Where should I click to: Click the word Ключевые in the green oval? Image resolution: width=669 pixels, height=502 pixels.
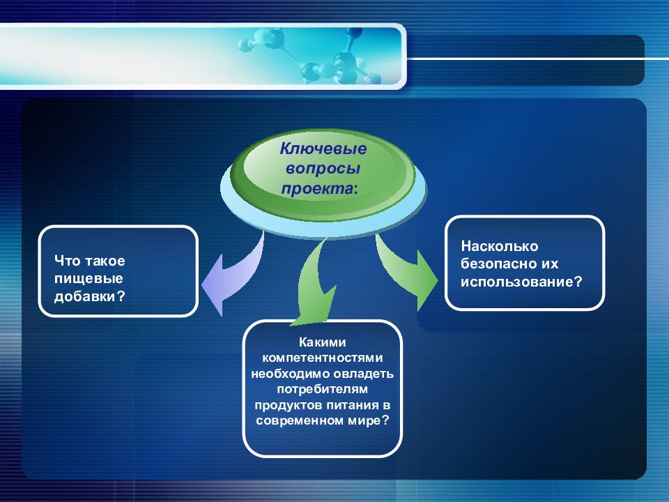[323, 149]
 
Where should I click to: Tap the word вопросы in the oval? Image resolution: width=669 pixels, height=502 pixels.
[323, 169]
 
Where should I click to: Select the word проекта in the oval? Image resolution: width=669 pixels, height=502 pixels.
[317, 189]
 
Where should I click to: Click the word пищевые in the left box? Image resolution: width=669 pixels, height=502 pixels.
[89, 279]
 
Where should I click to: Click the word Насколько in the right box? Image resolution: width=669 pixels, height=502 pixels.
[500, 246]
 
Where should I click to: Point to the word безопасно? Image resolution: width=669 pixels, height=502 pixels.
[499, 264]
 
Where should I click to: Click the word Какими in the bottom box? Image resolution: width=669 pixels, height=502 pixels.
[322, 342]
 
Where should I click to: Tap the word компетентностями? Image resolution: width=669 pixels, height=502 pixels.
[322, 358]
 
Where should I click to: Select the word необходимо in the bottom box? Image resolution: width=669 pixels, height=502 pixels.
[290, 374]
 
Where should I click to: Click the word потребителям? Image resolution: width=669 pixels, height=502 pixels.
[322, 389]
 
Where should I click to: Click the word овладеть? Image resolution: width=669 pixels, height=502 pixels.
[364, 374]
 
